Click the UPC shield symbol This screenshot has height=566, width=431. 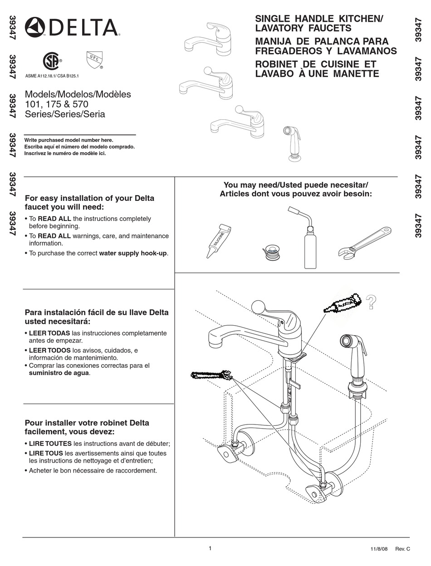pyautogui.click(x=93, y=59)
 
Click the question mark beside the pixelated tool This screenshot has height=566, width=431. pyautogui.click(x=371, y=302)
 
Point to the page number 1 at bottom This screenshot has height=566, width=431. pyautogui.click(x=210, y=548)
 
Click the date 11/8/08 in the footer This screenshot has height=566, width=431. pyautogui.click(x=379, y=549)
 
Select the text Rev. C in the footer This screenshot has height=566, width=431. pyautogui.click(x=402, y=549)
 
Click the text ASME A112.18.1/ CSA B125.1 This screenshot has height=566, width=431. pyautogui.click(x=52, y=76)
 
